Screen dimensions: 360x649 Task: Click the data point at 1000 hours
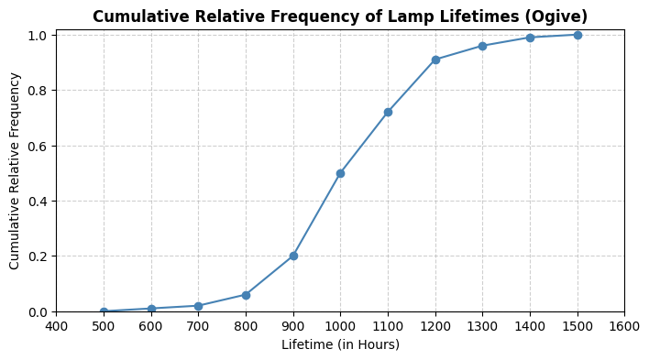click(340, 173)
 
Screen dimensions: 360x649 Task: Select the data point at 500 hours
click(104, 311)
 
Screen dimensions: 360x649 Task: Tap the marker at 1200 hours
click(435, 60)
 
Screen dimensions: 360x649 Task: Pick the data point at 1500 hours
click(577, 35)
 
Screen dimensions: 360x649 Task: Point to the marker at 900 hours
click(293, 256)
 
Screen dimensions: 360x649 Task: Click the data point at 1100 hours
click(388, 112)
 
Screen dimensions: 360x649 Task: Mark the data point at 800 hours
click(246, 295)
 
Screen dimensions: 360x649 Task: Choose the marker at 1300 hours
click(482, 46)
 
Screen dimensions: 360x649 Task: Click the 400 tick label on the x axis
click(56, 326)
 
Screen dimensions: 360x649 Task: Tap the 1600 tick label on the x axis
click(624, 326)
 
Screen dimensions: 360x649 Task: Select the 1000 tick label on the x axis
click(340, 326)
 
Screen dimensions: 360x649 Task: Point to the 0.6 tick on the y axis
click(40, 146)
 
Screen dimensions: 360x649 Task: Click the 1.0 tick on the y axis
click(40, 35)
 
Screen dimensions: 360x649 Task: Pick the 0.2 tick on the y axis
click(40, 256)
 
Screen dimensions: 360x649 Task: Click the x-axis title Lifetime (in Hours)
click(340, 344)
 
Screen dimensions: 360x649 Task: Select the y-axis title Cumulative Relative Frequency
click(15, 170)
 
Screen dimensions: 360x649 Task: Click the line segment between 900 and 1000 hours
click(317, 214)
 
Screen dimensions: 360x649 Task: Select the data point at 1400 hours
click(530, 38)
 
